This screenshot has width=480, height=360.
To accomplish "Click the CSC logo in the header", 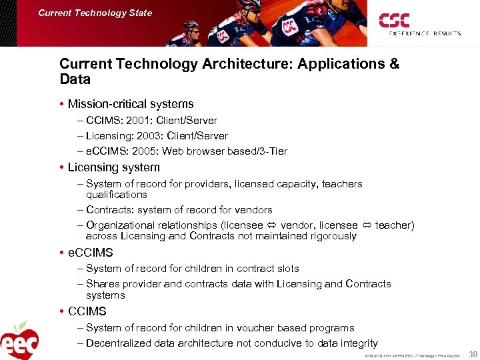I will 394,21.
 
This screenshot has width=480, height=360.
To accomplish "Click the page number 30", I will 472,355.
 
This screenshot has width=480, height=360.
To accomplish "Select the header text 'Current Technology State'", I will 95,13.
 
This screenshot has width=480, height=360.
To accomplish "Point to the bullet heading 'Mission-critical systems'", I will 131,104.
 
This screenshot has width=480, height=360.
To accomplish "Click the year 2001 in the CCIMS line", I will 135,121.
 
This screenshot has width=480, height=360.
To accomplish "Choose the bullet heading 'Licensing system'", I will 114,167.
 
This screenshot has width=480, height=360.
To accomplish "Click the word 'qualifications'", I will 116,195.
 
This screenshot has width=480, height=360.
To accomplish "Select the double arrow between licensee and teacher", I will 365,226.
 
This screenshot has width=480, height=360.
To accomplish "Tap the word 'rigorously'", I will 331,236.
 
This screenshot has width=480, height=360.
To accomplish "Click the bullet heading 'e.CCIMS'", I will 91,253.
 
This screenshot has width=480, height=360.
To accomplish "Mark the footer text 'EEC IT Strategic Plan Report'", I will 433,356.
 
